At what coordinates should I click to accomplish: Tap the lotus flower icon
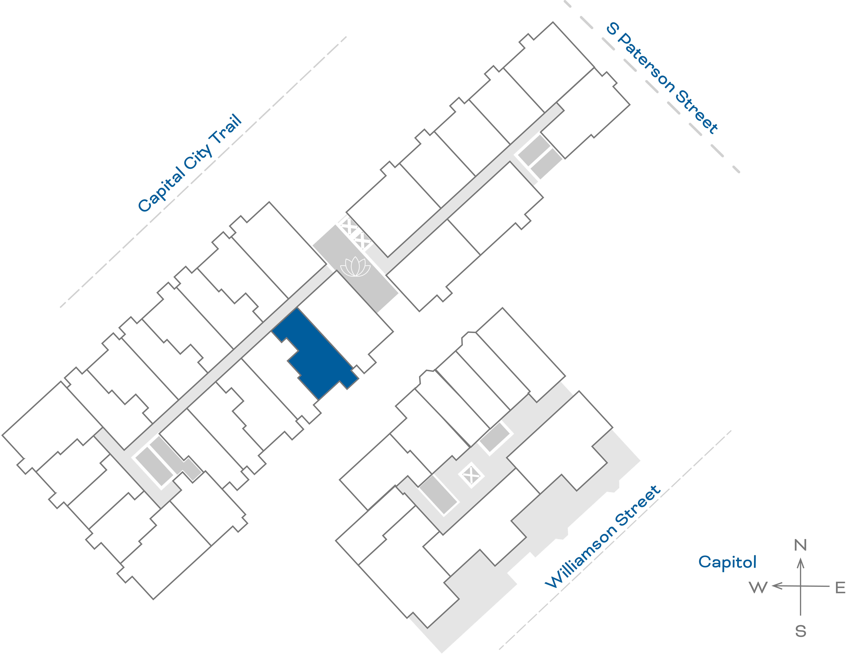[x=355, y=267]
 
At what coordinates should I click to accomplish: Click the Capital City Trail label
[x=190, y=163]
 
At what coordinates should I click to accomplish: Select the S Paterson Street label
[x=662, y=77]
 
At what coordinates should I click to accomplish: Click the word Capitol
[x=727, y=562]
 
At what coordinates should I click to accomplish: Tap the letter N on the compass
[x=800, y=545]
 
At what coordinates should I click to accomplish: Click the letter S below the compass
[x=801, y=632]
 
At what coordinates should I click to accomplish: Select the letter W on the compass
[x=758, y=587]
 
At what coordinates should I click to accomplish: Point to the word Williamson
[x=581, y=556]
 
